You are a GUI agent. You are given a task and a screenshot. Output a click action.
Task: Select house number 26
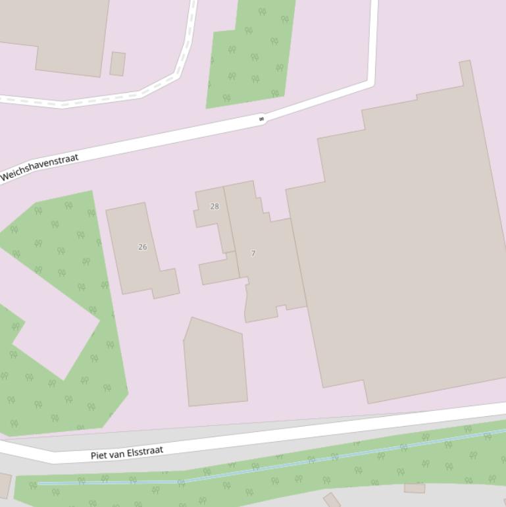pyautogui.click(x=143, y=247)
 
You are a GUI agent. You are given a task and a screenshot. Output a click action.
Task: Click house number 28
pyautogui.click(x=215, y=206)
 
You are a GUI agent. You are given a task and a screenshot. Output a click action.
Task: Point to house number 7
pyautogui.click(x=253, y=254)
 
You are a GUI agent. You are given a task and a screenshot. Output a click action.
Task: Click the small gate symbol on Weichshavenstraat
pyautogui.click(x=262, y=119)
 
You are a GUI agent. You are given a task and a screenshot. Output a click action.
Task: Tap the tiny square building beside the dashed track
pyautogui.click(x=118, y=64)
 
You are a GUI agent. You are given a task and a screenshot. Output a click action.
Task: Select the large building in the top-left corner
pyautogui.click(x=59, y=33)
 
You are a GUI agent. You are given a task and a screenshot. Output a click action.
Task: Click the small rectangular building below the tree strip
pyautogui.click(x=415, y=489)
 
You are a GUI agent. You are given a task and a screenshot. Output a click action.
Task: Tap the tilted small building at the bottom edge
pyautogui.click(x=332, y=500)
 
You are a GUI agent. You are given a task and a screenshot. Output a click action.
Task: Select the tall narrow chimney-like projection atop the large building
pyautogui.click(x=466, y=72)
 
